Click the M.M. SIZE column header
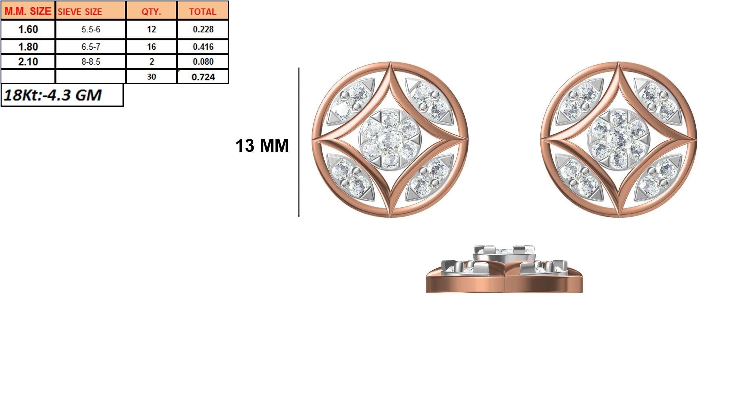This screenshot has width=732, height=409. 28,11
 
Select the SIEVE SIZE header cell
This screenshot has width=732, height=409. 91,11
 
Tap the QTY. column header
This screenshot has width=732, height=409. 151,11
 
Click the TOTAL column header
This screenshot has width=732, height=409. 203,11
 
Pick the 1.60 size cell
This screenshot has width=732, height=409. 28,29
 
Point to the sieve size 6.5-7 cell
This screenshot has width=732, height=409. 91,47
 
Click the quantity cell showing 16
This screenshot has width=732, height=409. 151,47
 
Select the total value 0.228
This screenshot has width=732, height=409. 203,29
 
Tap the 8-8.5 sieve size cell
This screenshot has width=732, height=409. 91,61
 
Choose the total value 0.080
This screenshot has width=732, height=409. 203,61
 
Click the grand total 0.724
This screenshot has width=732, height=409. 203,77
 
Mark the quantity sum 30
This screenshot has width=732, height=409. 151,77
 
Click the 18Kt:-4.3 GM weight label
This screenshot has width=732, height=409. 53,95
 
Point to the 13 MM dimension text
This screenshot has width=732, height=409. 262,146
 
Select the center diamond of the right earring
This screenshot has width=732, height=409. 618,140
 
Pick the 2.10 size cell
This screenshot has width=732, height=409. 28,61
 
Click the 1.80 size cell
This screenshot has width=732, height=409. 28,47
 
